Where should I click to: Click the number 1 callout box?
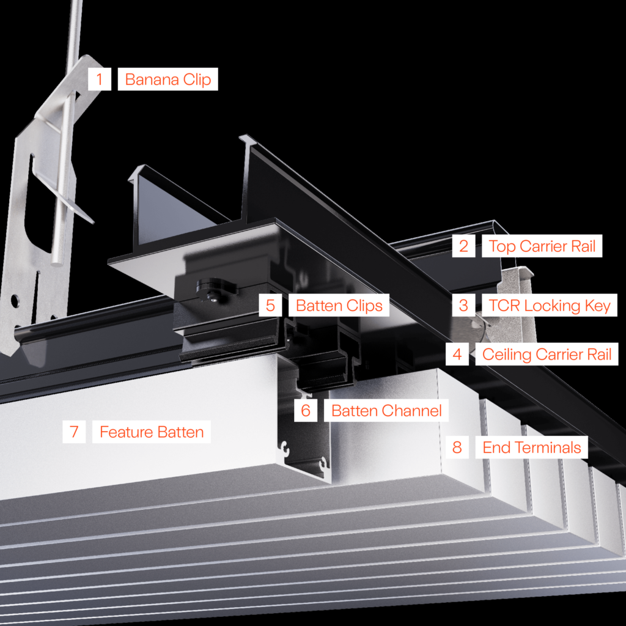(x=99, y=79)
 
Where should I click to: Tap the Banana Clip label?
(x=168, y=79)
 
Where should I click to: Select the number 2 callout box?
(x=463, y=246)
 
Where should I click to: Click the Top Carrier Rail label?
(x=542, y=246)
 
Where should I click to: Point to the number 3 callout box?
(x=463, y=305)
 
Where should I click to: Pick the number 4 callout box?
(x=457, y=353)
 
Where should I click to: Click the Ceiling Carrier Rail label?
(x=547, y=353)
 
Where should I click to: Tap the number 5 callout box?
(x=270, y=305)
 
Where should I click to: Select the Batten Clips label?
(x=339, y=305)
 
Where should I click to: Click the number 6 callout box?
(x=305, y=410)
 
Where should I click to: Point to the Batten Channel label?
(x=386, y=410)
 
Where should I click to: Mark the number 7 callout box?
(x=74, y=432)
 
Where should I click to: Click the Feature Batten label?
(x=152, y=432)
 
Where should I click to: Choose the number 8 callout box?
(x=457, y=447)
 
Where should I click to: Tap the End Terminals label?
(x=532, y=447)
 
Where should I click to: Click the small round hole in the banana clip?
(x=15, y=301)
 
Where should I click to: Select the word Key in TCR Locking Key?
(x=595, y=305)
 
